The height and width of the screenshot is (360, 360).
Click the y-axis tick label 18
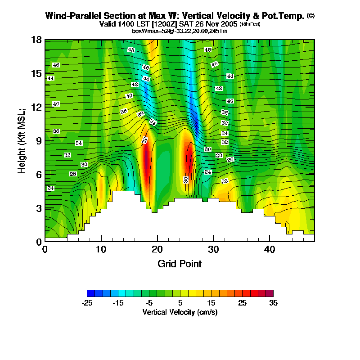coord(37,40)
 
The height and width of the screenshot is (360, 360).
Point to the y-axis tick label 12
coord(37,107)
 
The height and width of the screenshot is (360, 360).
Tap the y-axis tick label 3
coord(39,208)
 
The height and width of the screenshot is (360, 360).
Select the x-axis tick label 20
coord(157,249)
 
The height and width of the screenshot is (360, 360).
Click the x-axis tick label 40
coord(269,249)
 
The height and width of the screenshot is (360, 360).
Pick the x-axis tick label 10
coord(101,249)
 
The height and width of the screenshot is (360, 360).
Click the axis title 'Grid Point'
coord(180,264)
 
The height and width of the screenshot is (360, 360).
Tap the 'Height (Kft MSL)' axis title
coord(21,140)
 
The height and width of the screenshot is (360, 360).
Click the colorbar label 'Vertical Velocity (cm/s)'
coord(180,312)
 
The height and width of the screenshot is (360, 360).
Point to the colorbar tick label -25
coord(87,303)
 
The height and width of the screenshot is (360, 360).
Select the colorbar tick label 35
coord(273,303)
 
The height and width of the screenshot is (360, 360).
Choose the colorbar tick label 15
coord(211,303)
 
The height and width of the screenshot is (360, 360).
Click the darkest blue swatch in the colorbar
coord(91,293)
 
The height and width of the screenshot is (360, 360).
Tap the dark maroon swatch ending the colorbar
coord(269,293)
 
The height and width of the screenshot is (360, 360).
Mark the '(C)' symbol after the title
coord(310,16)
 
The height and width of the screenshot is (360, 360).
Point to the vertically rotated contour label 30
coord(185,180)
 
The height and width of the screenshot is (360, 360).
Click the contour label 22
coord(225,181)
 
